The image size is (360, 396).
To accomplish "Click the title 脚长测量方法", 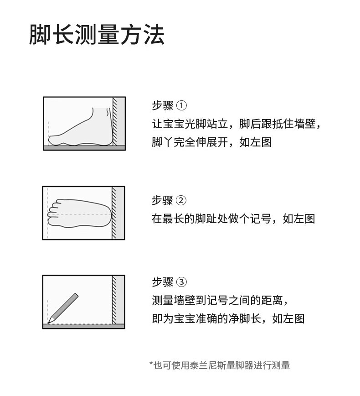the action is point(97,35).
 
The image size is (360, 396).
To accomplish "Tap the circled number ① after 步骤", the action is point(181,105).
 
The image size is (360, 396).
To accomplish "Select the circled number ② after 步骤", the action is point(181,201).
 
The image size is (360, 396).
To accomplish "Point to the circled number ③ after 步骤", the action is point(181,282).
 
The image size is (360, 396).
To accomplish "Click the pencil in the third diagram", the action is point(63,308).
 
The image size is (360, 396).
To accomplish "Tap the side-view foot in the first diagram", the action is point(81,127).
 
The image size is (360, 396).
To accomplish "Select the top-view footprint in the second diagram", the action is point(80,214).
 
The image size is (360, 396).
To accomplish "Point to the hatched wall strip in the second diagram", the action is point(114,213).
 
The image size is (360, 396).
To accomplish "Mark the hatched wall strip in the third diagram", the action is point(114,300).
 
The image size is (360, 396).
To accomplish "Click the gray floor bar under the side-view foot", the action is point(84,148).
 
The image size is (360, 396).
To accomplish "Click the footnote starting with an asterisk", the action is point(220,365).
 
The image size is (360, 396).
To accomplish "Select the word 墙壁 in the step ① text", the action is point(305,124).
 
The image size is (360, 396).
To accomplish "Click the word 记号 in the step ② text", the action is point(261,219).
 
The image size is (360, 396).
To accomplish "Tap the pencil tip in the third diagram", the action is point(49,322).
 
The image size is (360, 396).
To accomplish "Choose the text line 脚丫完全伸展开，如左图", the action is point(211,142).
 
